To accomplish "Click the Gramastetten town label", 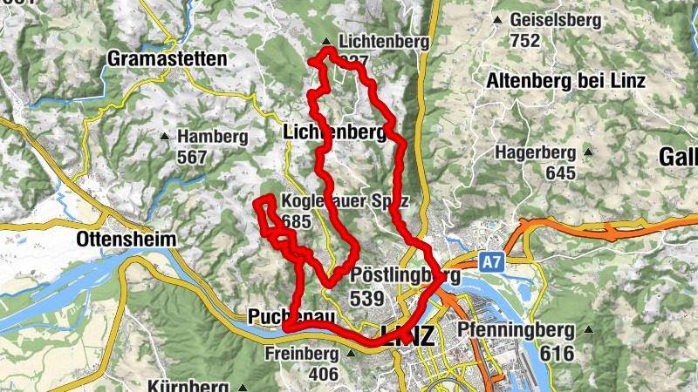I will click(x=167, y=59).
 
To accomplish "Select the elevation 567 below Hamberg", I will click(x=191, y=157).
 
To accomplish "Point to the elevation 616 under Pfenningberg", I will click(x=557, y=353).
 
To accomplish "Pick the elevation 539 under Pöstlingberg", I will click(x=366, y=298).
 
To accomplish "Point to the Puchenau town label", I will click(x=291, y=316).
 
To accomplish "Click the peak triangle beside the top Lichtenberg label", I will click(x=326, y=41).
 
